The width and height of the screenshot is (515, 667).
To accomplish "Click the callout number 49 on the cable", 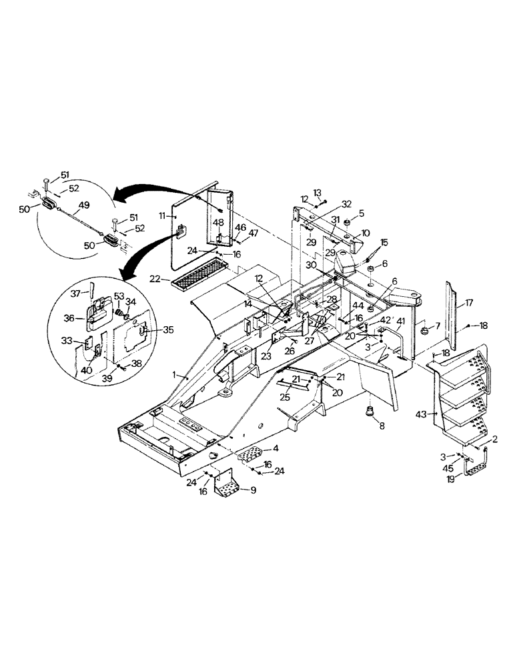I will click(x=84, y=205).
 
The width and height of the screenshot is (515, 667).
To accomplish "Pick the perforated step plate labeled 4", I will click(x=255, y=456).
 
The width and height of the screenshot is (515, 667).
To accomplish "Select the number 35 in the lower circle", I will click(x=151, y=329).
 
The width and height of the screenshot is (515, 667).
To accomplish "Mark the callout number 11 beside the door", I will click(x=161, y=216).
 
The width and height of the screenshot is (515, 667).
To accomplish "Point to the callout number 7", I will click(x=437, y=325).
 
